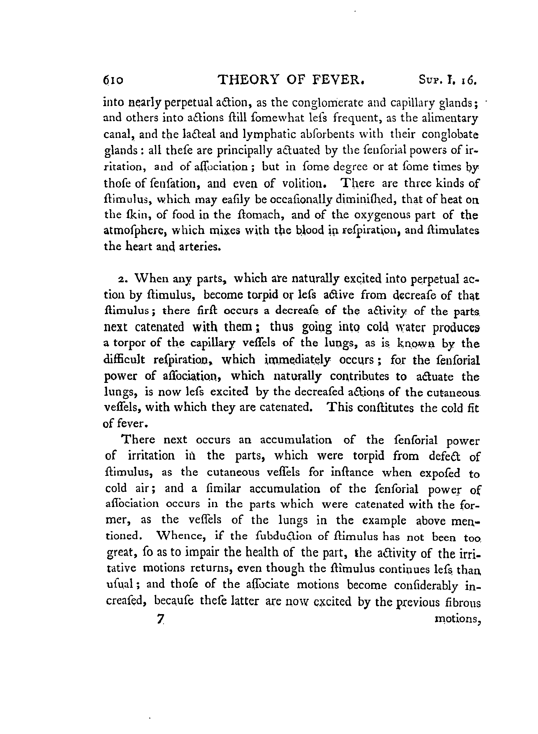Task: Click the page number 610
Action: (113, 80)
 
